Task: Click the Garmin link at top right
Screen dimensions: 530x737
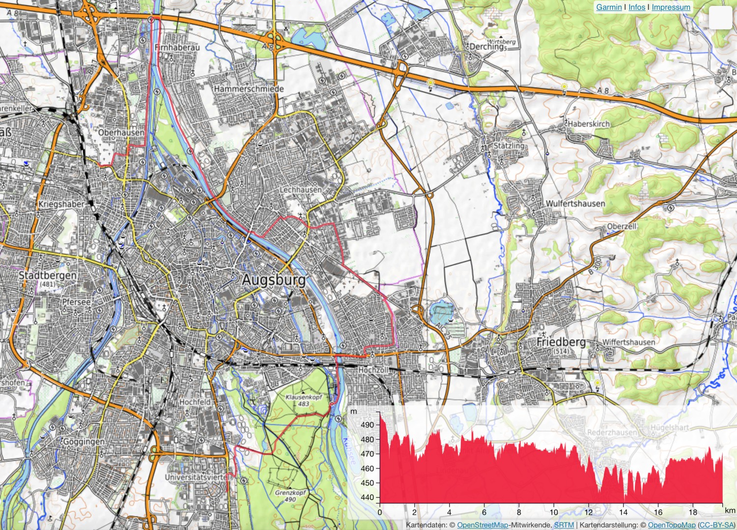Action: [x=609, y=7]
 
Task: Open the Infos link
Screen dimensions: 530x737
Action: [x=637, y=7]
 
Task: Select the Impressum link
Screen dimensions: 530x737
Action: [x=671, y=7]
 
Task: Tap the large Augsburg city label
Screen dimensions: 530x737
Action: [x=274, y=280]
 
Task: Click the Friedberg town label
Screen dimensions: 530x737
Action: [x=561, y=341]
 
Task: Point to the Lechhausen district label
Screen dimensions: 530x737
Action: [x=301, y=189]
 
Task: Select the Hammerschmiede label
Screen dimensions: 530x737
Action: [x=249, y=89]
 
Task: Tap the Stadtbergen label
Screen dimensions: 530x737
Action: [x=48, y=275]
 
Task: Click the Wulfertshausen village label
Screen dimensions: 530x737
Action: [x=575, y=203]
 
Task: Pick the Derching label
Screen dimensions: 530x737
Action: [x=486, y=47]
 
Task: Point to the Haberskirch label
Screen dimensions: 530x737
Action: [x=589, y=124]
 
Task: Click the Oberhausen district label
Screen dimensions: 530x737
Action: [x=121, y=133]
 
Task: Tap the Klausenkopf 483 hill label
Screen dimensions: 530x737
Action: [x=304, y=400]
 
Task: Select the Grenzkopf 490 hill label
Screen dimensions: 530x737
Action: [x=290, y=496]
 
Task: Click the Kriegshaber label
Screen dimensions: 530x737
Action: [x=61, y=204]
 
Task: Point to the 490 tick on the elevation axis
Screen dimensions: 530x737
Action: [x=367, y=425]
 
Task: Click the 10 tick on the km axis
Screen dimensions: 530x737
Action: [x=554, y=512]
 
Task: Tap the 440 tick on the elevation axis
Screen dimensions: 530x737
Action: [x=367, y=497]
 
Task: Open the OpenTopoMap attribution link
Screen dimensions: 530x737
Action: [x=672, y=525]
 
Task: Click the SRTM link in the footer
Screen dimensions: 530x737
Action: [x=564, y=525]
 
